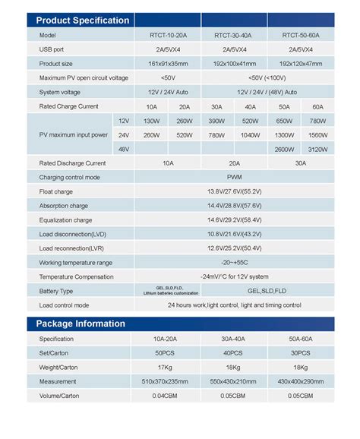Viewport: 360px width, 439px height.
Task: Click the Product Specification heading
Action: click(84, 21)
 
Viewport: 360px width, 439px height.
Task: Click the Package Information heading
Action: click(81, 324)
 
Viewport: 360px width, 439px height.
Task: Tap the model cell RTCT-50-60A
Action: click(301, 35)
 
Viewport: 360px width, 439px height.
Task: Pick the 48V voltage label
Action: click(123, 149)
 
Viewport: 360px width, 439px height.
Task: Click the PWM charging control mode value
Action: click(234, 177)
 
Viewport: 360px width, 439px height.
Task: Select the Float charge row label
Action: click(56, 191)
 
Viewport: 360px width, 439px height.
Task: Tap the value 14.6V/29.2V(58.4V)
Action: click(234, 220)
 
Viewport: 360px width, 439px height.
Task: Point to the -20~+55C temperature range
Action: click(234, 263)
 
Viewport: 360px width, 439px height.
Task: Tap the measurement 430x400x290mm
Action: click(301, 381)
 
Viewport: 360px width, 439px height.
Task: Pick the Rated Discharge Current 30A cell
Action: click(301, 163)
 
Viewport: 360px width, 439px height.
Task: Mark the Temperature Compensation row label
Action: click(75, 276)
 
